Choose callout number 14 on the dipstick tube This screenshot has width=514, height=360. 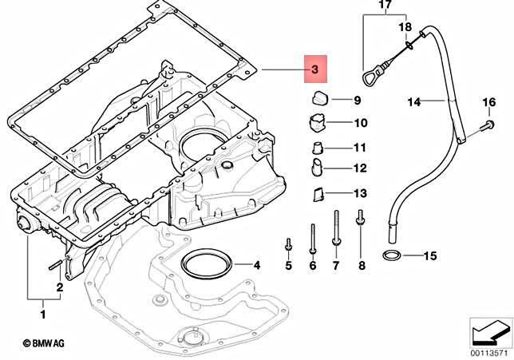point(413,101)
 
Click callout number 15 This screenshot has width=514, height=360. point(429,256)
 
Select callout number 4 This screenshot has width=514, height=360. point(255,264)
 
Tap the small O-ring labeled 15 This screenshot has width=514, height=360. point(393,256)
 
